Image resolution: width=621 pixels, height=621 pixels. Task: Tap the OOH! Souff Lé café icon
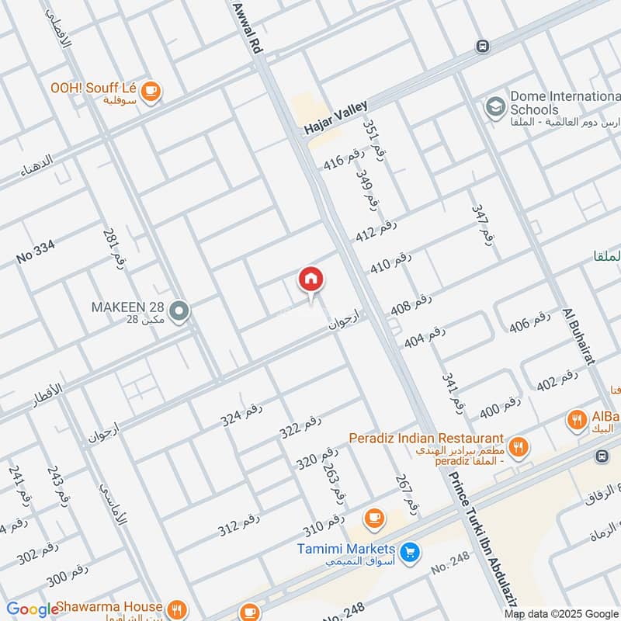coord(151,90)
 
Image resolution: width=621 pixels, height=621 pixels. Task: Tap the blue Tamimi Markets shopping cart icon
coord(411,553)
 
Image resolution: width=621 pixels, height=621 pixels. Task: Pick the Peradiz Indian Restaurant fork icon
coord(519,446)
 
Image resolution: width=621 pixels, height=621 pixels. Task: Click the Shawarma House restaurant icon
coord(178,609)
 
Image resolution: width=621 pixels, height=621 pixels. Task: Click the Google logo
coord(33,609)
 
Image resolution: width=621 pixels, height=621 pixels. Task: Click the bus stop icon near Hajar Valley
coord(483,46)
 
